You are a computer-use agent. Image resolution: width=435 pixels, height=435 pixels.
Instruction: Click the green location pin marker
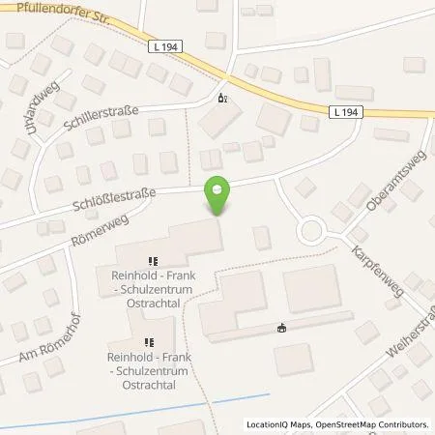pos(218,195)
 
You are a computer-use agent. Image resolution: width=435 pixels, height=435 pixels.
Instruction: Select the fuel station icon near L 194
pos(223,99)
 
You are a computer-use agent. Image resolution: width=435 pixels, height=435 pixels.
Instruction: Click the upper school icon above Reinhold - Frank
pos(151,260)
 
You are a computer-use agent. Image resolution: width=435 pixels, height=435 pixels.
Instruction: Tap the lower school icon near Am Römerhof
pos(149,341)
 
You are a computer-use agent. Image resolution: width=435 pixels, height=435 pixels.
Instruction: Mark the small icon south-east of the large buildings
pos(281,328)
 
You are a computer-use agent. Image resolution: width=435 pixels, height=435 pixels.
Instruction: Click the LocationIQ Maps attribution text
pos(277,424)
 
